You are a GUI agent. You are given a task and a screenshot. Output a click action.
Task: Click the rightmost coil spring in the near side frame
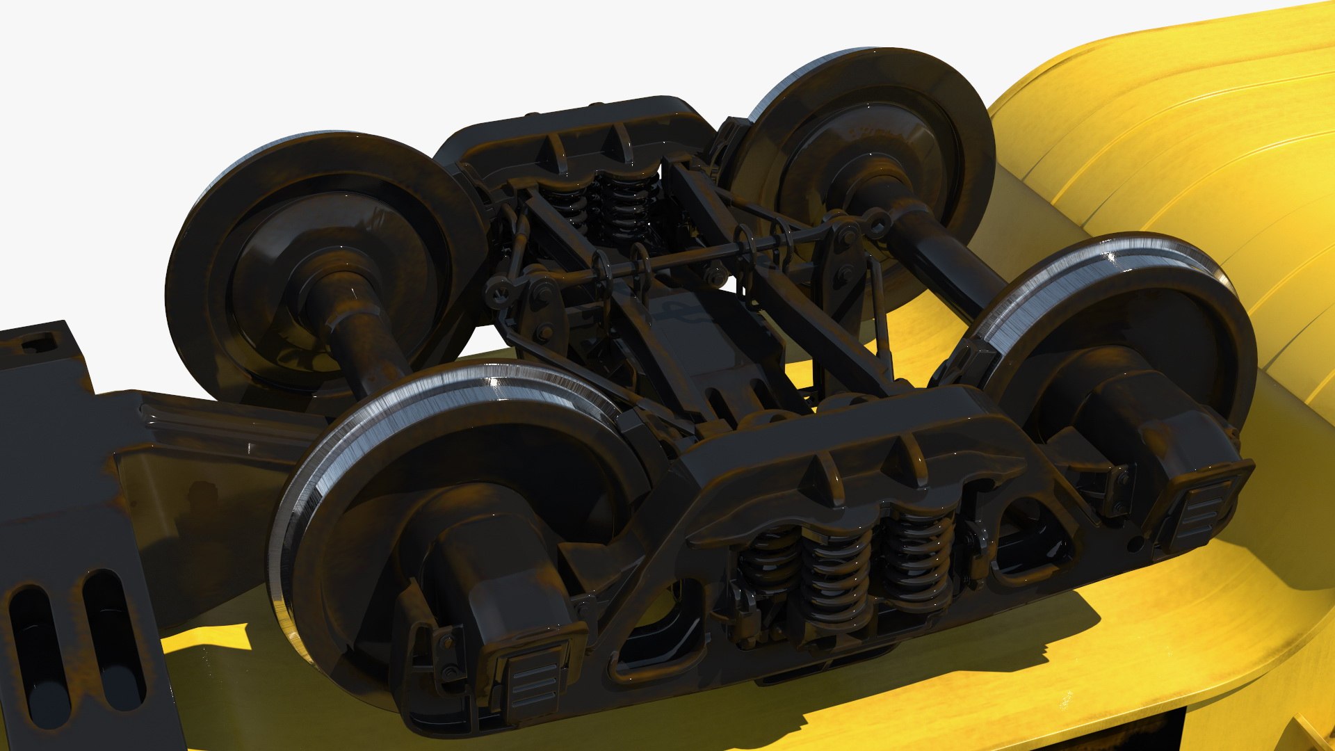pyautogui.click(x=918, y=556)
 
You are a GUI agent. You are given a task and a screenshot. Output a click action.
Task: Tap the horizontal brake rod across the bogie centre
pyautogui.click(x=695, y=257)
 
